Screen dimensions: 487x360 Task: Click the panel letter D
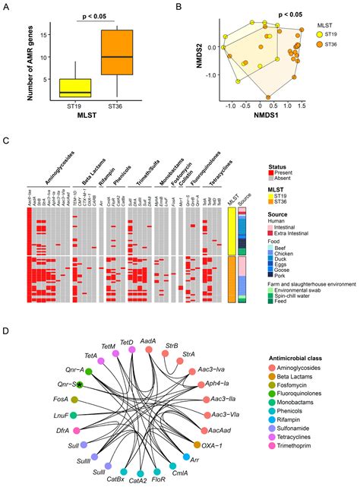7,310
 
